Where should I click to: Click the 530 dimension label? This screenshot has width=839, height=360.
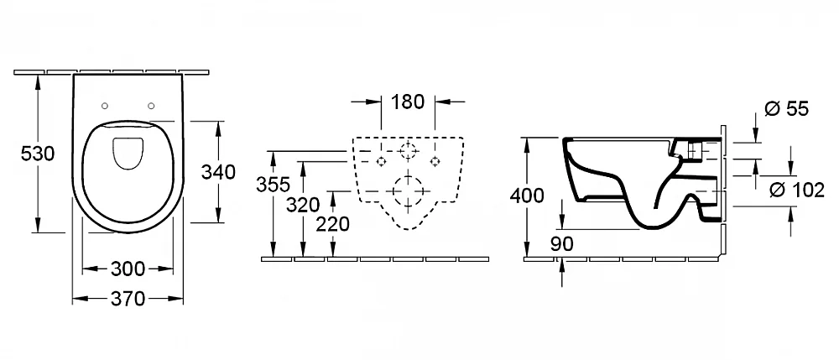38,154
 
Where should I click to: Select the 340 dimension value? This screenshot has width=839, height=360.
218,172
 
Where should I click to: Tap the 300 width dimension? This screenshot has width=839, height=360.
128,269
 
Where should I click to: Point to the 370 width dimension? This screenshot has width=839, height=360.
128,299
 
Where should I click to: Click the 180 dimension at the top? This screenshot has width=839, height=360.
408,102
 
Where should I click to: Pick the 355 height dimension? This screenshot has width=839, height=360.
273,185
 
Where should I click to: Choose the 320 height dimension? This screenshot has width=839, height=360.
302,205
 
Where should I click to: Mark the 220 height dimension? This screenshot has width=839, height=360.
332,224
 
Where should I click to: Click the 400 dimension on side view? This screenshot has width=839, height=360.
527,196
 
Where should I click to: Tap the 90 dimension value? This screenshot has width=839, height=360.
561,244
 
